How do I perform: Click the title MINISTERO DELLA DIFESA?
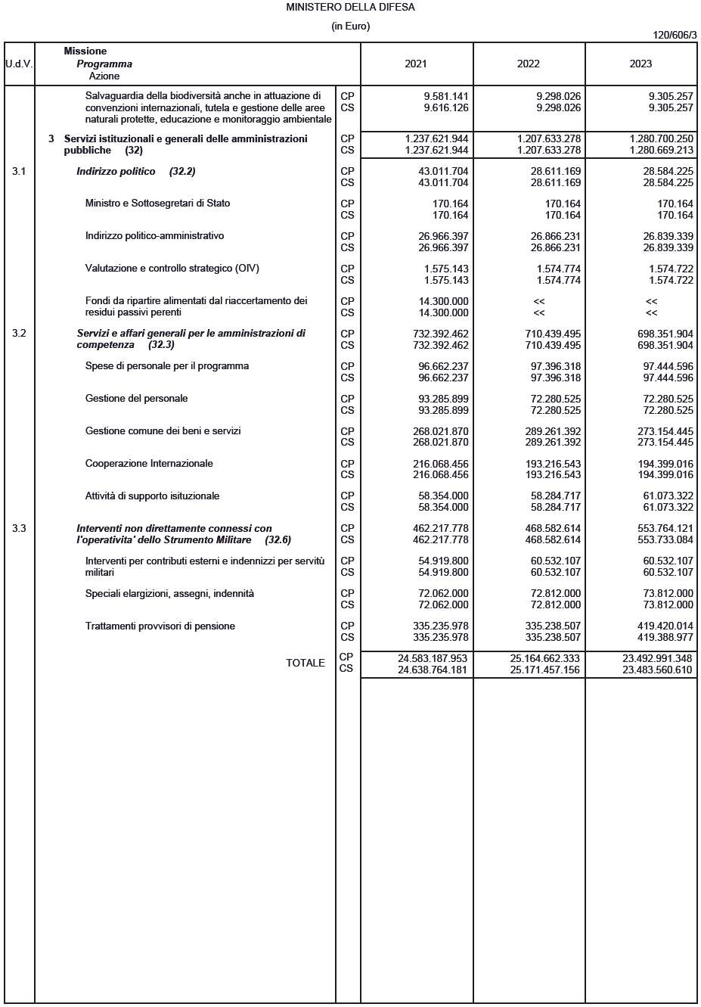[x=350, y=8]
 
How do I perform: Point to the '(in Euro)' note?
[x=350, y=26]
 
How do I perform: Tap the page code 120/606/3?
[x=675, y=36]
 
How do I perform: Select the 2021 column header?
[x=416, y=64]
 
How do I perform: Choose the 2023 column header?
[x=641, y=64]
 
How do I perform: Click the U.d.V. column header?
[x=19, y=64]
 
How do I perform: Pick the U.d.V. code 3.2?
[x=19, y=334]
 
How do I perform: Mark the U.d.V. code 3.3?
[x=19, y=529]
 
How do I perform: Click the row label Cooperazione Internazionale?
[x=149, y=464]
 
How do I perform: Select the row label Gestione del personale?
[x=136, y=399]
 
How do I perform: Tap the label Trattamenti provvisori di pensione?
[x=160, y=626]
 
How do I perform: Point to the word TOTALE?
[x=305, y=664]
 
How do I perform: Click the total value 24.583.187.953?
[x=433, y=658]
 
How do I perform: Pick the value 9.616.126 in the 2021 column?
[x=446, y=108]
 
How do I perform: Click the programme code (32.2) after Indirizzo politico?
[x=182, y=172]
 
